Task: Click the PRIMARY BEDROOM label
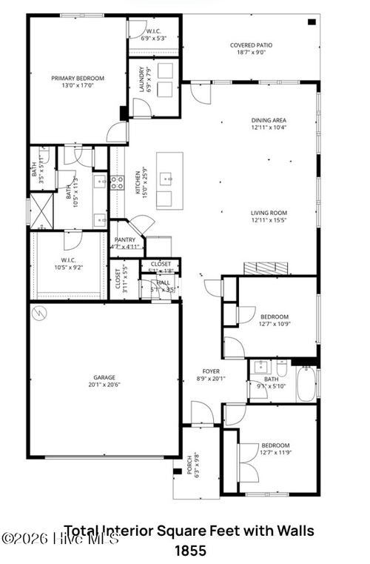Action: (x=77, y=78)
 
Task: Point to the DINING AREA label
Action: (x=269, y=120)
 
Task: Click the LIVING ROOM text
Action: (x=269, y=213)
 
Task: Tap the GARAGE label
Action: (x=104, y=378)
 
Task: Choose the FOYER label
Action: (x=211, y=371)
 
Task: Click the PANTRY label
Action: (x=124, y=240)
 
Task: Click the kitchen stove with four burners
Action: (x=117, y=182)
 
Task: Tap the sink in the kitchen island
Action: (x=169, y=178)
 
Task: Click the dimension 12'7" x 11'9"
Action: (x=275, y=453)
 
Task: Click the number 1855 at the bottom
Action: (x=190, y=551)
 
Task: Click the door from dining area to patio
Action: (x=200, y=93)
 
